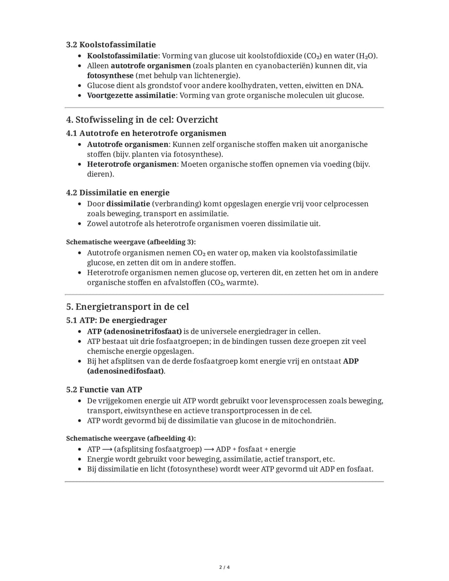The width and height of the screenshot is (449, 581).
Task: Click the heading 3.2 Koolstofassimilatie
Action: point(111,45)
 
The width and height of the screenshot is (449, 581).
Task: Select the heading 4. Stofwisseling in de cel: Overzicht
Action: point(142,120)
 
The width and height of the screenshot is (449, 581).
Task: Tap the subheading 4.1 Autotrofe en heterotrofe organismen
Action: point(146,133)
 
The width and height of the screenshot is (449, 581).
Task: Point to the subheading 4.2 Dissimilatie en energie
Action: point(118,193)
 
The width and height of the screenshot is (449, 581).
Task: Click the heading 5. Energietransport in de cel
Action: point(127,307)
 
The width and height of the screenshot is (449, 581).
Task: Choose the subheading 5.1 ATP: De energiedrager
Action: point(116,320)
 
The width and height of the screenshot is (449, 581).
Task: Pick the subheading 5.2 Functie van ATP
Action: point(104,390)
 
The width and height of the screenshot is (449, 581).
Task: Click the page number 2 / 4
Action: point(224,567)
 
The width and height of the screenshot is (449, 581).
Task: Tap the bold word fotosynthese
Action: point(110,76)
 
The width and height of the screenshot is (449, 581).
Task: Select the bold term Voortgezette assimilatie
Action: point(131,96)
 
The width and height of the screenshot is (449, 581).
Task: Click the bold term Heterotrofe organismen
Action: point(132,164)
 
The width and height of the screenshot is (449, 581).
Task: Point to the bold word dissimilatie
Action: point(128,204)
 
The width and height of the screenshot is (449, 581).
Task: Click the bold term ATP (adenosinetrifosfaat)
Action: point(134,331)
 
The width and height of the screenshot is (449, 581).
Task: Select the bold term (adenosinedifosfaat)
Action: point(125,371)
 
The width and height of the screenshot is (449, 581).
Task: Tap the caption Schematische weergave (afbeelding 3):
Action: point(131,242)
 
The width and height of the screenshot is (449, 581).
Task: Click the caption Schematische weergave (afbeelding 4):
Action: point(131,438)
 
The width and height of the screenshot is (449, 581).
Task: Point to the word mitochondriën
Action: point(308,420)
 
